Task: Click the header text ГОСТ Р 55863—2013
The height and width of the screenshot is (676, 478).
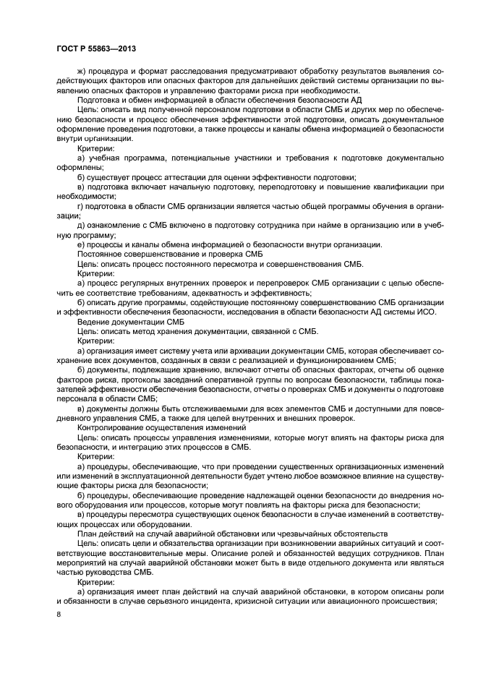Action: (95, 47)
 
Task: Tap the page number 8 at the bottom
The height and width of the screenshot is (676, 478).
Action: (59, 615)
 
